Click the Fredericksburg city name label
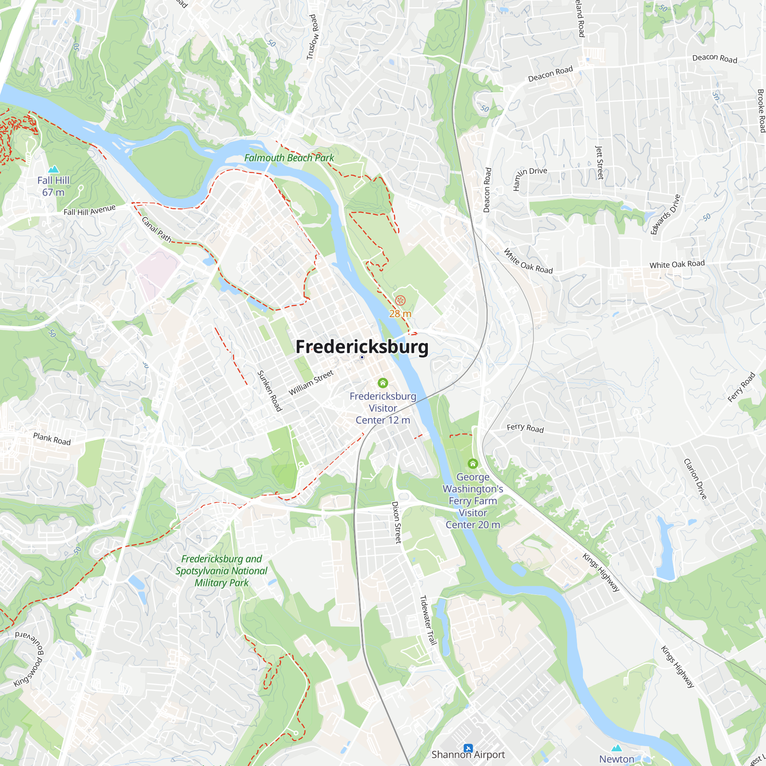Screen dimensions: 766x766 coord(362,347)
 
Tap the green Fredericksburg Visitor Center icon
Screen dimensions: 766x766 coord(383,383)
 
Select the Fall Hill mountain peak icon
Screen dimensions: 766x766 coord(53,169)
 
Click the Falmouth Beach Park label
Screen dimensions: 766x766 coord(289,158)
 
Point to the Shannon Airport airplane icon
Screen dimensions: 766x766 coord(468,748)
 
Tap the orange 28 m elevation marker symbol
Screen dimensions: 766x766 coord(401,301)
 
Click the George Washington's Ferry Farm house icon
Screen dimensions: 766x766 coord(473,463)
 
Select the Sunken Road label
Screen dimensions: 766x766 coord(270,391)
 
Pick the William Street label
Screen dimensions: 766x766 coord(311,383)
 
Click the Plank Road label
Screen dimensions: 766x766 coord(52,439)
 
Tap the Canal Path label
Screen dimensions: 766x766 coord(157,229)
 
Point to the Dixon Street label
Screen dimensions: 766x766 coord(396,522)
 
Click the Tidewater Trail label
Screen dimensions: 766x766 coord(428,620)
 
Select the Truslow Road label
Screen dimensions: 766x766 coord(313,37)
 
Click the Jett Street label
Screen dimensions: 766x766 coord(600,162)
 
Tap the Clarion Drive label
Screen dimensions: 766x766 coord(696,479)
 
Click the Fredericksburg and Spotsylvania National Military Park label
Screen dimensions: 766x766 coord(222,571)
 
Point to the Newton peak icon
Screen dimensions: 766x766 coord(617,748)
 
